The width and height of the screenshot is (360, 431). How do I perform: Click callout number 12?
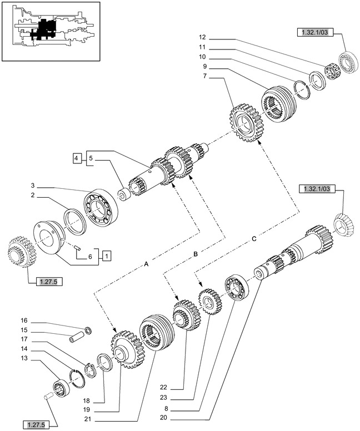coord(202,37)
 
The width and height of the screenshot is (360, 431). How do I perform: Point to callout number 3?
coord(33,186)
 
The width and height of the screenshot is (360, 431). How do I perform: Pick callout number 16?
coord(24,320)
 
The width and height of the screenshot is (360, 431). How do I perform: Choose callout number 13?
coord(24,358)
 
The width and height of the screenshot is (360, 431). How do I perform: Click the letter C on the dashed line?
coord(253,239)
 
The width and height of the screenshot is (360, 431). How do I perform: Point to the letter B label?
coord(196,254)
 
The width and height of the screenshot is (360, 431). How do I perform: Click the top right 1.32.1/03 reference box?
coord(315,33)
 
